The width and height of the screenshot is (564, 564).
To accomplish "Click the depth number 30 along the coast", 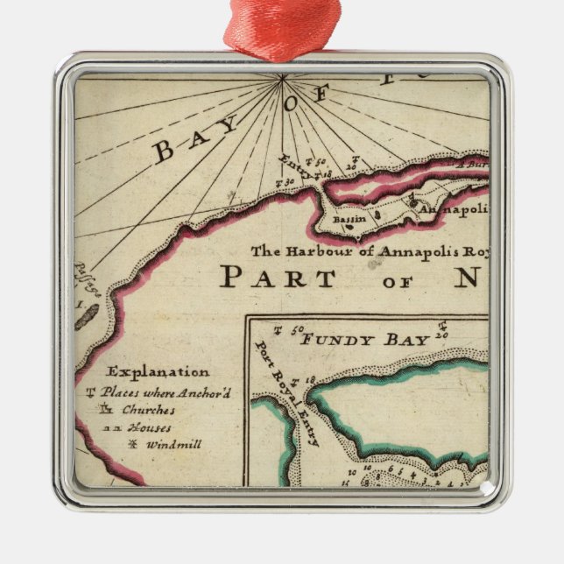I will (286, 181).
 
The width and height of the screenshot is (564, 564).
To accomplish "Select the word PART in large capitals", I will (277, 278).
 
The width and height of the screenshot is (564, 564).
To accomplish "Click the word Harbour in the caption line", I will (315, 251).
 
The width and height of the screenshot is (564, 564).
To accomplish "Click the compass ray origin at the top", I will (283, 78).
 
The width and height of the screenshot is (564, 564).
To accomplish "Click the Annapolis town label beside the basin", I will (452, 211).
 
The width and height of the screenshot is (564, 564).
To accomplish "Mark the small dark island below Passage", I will (86, 316).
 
